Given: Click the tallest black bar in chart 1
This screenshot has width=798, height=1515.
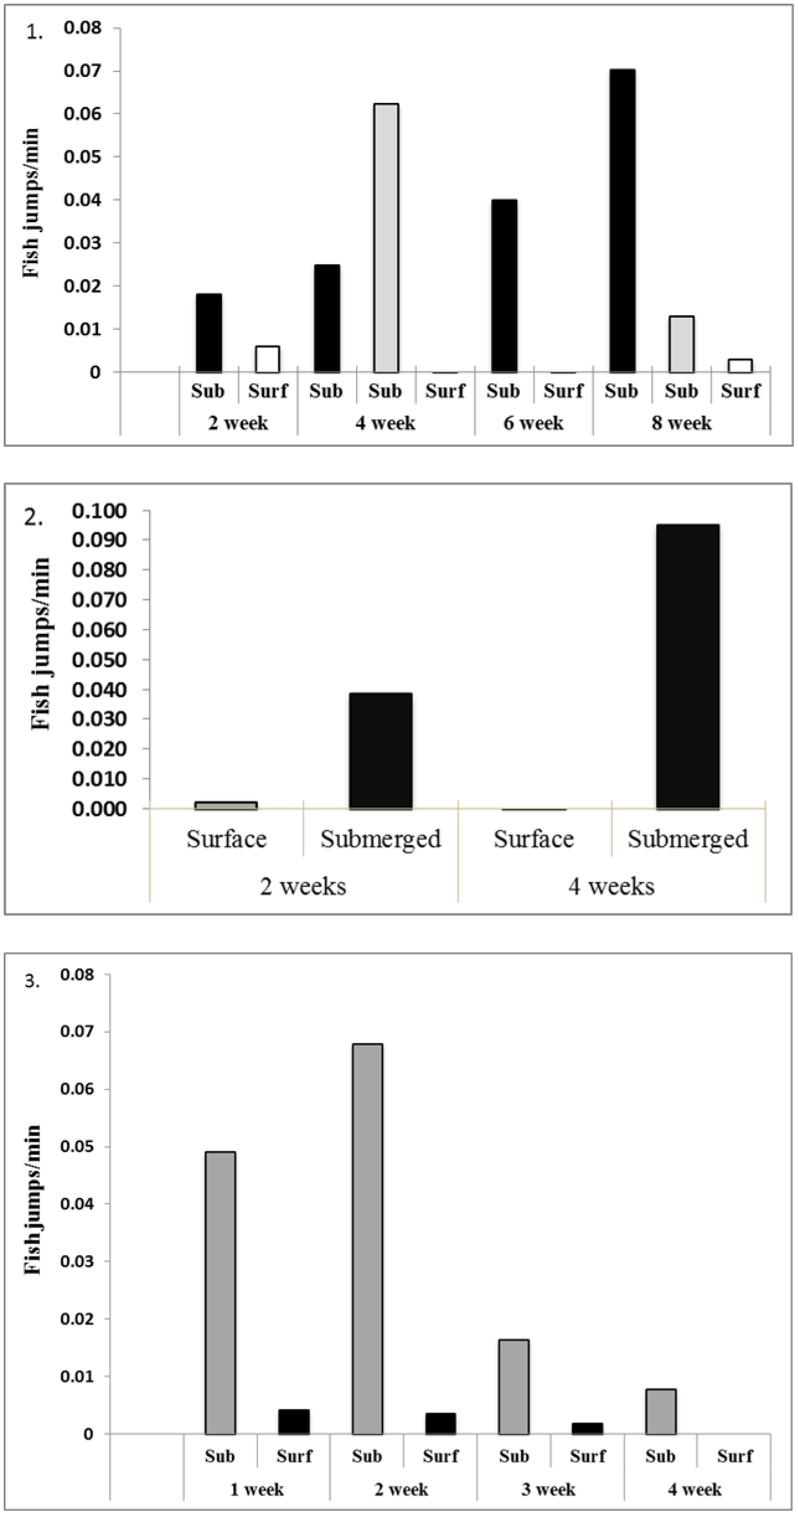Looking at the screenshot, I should [621, 220].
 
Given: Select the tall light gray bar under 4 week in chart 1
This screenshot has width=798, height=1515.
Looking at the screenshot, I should [386, 238].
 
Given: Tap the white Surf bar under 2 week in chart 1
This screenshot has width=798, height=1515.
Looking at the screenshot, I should [268, 359].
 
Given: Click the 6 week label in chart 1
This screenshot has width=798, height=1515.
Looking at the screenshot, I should [533, 423].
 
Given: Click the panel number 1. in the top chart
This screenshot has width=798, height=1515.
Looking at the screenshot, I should [35, 33].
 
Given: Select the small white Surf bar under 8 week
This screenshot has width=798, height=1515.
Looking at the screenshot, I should [740, 365].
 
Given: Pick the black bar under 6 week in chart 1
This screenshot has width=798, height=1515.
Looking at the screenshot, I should [503, 285].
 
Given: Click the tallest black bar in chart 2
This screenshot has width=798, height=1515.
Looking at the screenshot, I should [688, 667].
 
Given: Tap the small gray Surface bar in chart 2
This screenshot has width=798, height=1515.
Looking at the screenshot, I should [226, 805].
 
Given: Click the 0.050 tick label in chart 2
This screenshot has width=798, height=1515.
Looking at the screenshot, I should [99, 659].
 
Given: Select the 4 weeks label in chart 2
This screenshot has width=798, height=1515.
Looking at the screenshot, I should [611, 886].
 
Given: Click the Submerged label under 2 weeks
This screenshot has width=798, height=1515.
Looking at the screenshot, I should [381, 839].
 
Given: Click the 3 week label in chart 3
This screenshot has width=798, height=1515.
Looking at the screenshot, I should [548, 1489].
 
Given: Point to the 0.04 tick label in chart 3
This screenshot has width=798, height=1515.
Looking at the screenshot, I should [77, 1204].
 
